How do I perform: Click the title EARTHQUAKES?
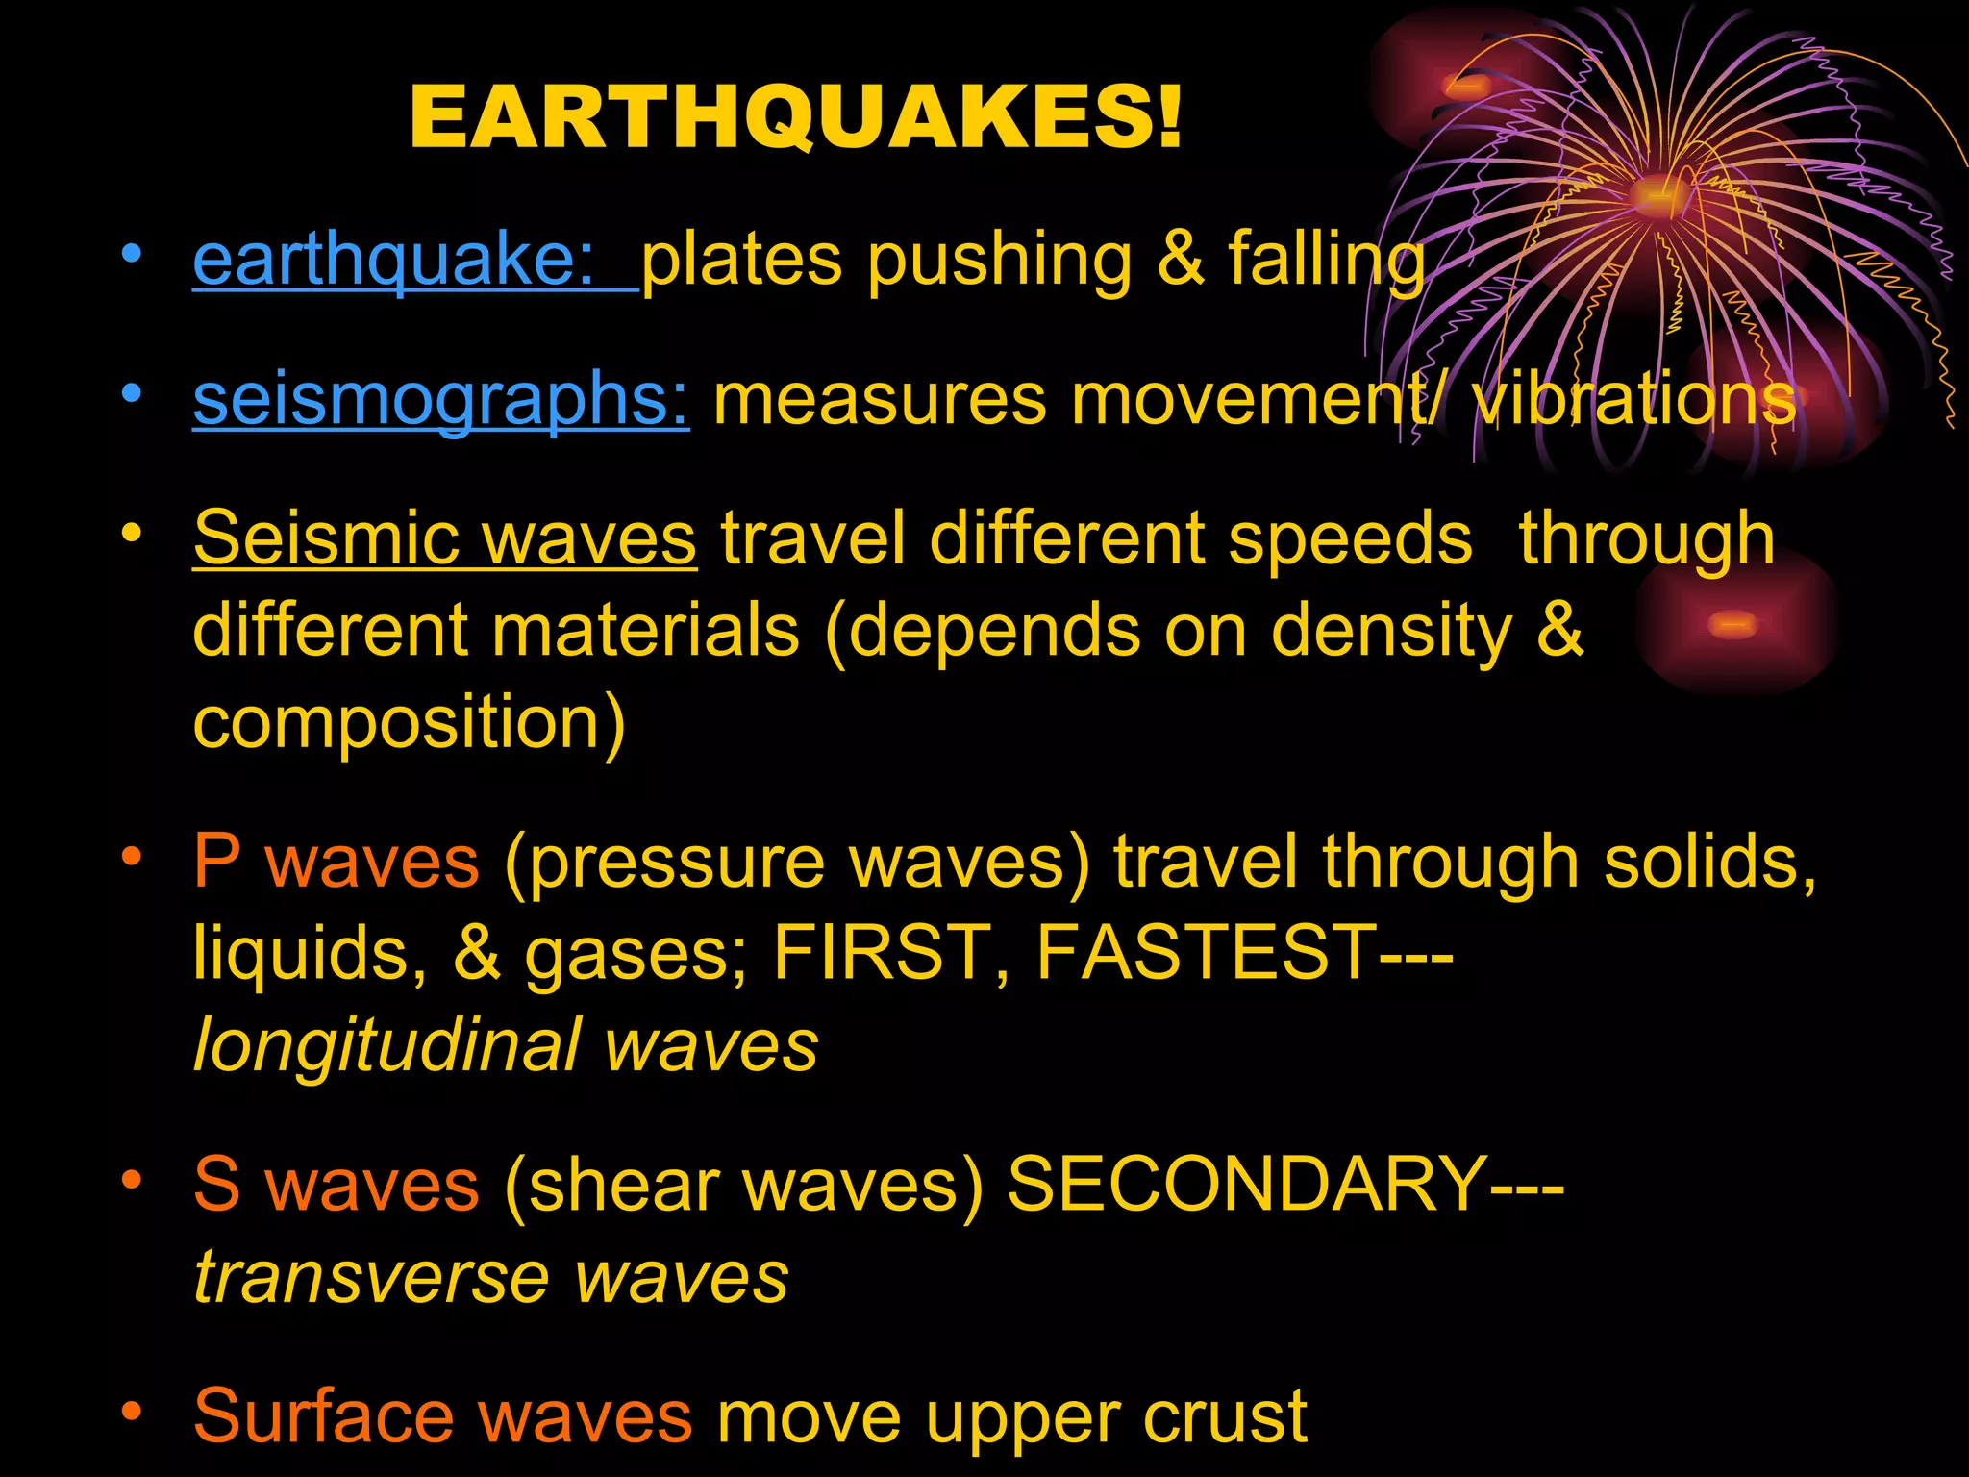tap(795, 117)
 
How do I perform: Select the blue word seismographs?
tap(440, 399)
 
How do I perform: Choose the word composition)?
tap(410, 723)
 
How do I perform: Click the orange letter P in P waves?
tap(217, 861)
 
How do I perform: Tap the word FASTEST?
tap(1207, 953)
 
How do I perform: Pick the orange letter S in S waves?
tap(217, 1184)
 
